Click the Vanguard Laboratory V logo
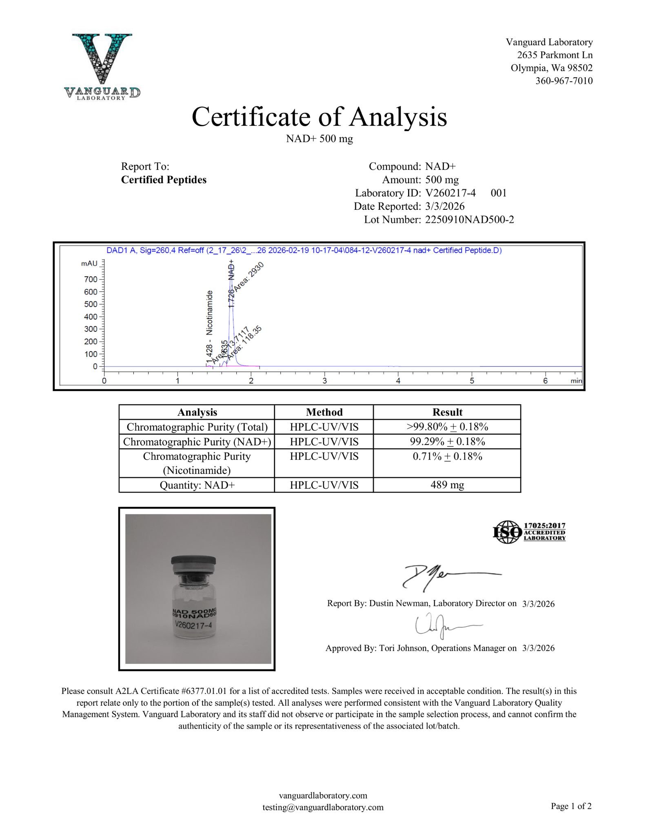coord(102,65)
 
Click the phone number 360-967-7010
coord(564,81)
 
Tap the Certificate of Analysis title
coord(319,117)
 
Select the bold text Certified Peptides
coord(164,180)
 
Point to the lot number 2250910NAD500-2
coord(469,220)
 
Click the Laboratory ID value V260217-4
coord(450,193)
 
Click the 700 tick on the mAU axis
coord(91,280)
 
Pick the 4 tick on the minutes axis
coord(398,381)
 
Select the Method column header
coord(324,412)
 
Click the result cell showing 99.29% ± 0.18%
coord(447,442)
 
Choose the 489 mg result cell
coord(447,485)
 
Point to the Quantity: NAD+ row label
coord(197,485)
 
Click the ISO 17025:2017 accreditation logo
coord(529,532)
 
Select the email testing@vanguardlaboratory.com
coord(323,807)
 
